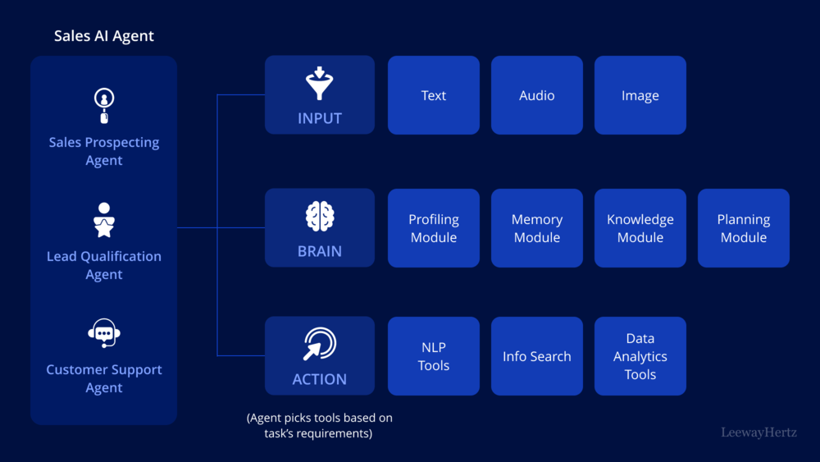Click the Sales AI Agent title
pos(104,36)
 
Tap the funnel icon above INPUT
pos(320,83)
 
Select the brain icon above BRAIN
pos(320,217)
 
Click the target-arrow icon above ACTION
pos(319,345)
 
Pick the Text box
pos(434,95)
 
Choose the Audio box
pos(537,95)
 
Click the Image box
pos(640,95)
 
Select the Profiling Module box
pos(434,228)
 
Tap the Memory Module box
pos(537,228)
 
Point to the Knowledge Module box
pos(640,228)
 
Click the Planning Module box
pos(744,228)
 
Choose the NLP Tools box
pos(434,356)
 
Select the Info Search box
pos(537,356)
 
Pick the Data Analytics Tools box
pos(640,356)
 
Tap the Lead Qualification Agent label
pos(104,265)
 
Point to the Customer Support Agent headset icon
pos(104,333)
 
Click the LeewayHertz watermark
pos(758,432)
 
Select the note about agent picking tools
pos(320,425)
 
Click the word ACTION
pos(320,379)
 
